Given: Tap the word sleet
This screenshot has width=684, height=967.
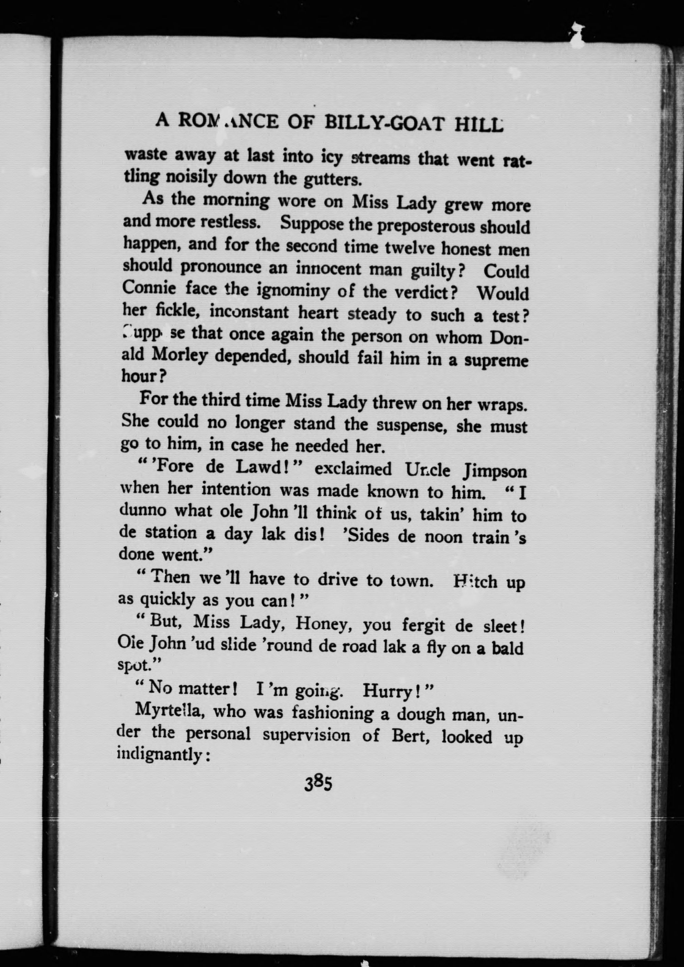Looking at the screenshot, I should pos(500,626).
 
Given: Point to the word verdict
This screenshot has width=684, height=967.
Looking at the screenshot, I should pos(421,292).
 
